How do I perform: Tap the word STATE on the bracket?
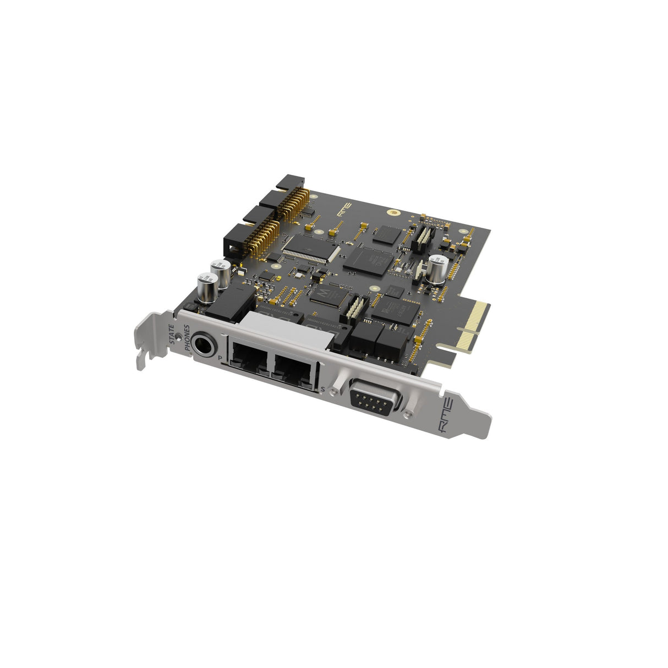[171, 333]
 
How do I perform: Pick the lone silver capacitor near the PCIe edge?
[437, 269]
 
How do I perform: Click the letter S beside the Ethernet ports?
[322, 390]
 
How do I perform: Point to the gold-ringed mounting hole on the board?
[393, 212]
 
